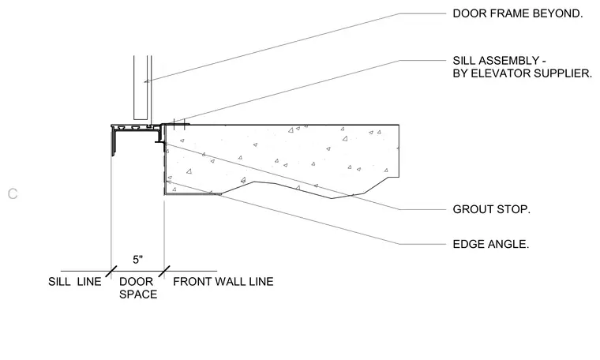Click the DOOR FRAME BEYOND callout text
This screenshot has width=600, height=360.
pyautogui.click(x=518, y=13)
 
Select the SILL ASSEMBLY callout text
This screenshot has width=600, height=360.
pyautogui.click(x=523, y=67)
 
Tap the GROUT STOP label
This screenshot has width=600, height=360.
pyautogui.click(x=491, y=210)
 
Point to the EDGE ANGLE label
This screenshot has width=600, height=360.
pyautogui.click(x=491, y=244)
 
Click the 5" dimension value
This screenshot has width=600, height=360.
pyautogui.click(x=137, y=260)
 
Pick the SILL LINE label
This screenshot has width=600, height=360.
pyautogui.click(x=75, y=282)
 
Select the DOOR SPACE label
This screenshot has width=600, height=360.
pyautogui.click(x=137, y=287)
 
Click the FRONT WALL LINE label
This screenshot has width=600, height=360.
pyautogui.click(x=223, y=282)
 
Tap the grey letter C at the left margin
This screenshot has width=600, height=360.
pyautogui.click(x=13, y=194)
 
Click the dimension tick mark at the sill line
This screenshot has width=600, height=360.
pyautogui.click(x=111, y=272)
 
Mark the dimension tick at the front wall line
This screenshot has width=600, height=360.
pyautogui.click(x=164, y=272)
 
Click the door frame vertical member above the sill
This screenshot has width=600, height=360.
pyautogui.click(x=141, y=87)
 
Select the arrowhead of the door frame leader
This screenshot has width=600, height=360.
pyautogui.click(x=147, y=81)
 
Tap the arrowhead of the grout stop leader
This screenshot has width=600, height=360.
pyautogui.click(x=167, y=144)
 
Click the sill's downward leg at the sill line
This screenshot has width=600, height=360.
pyautogui.click(x=113, y=141)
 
